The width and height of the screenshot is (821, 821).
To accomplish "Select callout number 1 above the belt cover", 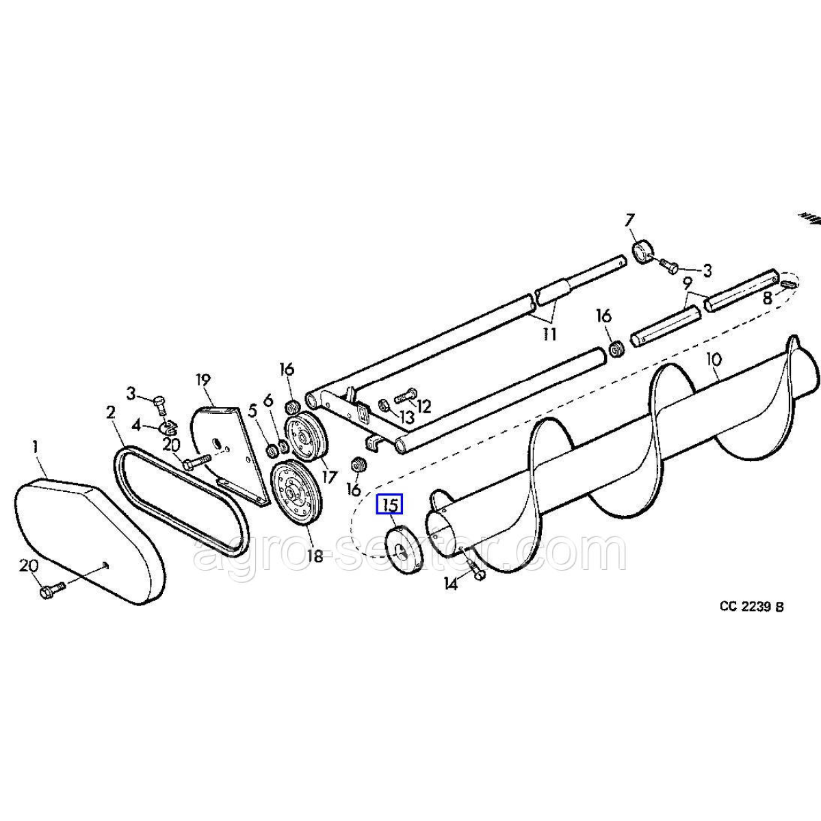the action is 35,447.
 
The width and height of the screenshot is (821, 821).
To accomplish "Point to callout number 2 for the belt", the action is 110,413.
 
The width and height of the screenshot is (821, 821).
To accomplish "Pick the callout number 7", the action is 629,222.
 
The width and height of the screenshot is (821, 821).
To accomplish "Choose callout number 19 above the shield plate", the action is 204,380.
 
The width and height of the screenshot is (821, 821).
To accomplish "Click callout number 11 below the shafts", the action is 549,335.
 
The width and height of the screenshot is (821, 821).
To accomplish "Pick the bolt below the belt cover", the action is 52,590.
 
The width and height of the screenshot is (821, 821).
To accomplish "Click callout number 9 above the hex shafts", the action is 687,283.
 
